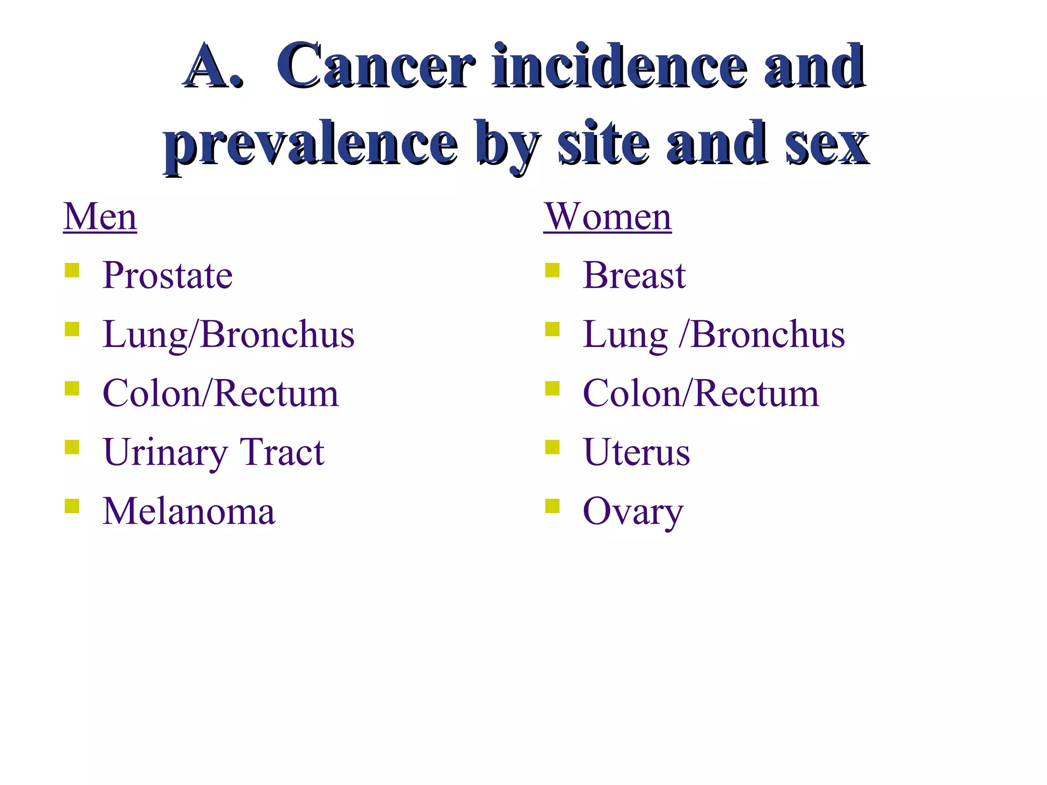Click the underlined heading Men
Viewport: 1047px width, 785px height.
point(100,217)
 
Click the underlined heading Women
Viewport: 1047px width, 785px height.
point(607,217)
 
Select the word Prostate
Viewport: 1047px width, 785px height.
point(167,275)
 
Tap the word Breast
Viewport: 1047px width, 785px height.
point(634,275)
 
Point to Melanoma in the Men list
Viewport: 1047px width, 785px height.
point(189,511)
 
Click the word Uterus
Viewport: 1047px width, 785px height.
point(636,452)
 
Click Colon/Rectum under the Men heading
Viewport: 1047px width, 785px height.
point(220,394)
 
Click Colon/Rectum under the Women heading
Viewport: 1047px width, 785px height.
point(700,394)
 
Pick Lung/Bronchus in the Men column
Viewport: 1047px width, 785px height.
point(228,335)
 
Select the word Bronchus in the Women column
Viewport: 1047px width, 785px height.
point(767,335)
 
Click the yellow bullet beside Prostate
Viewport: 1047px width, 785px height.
point(72,270)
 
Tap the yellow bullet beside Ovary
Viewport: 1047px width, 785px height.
point(552,505)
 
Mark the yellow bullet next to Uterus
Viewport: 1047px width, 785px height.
point(552,447)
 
